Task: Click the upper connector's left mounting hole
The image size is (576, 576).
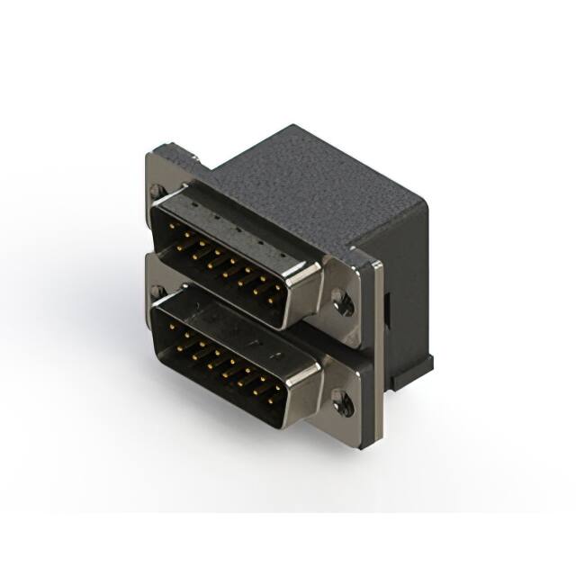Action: tap(158, 191)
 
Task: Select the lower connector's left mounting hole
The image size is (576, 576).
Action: tap(158, 292)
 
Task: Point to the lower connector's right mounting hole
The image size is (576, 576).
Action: tap(343, 401)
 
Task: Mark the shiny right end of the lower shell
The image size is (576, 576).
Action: tap(306, 389)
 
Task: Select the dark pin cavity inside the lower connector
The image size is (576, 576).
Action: tap(225, 360)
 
